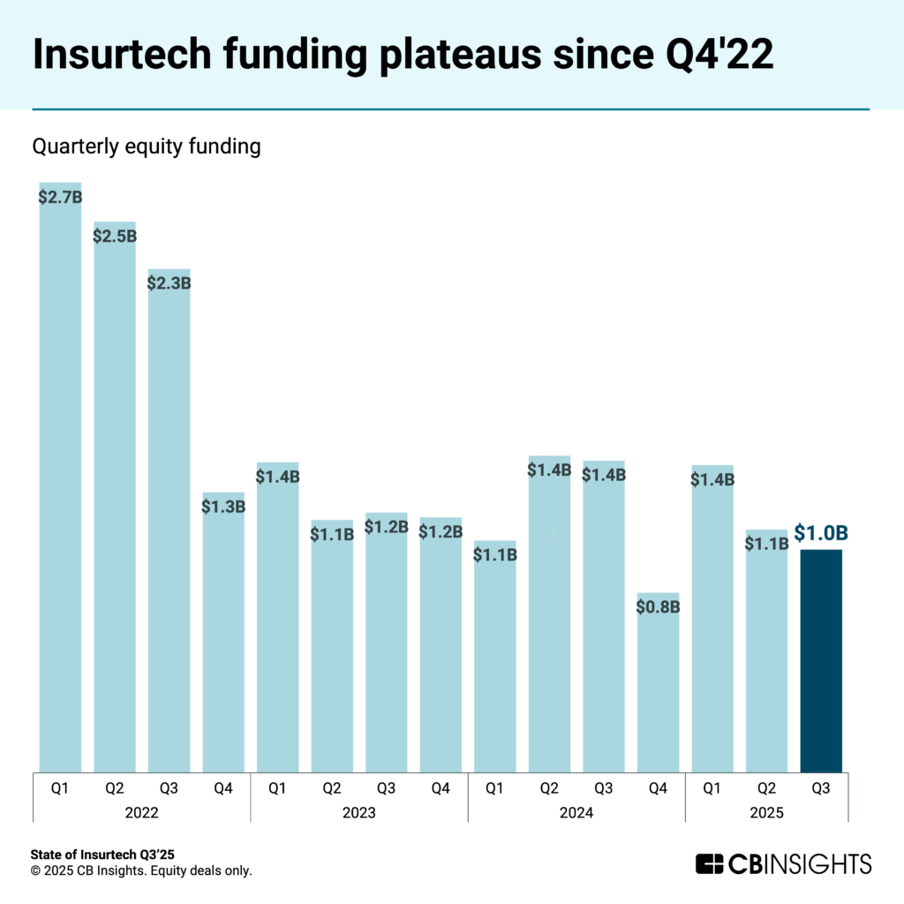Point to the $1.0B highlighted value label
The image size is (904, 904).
(x=821, y=533)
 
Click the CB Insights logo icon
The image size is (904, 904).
(x=709, y=863)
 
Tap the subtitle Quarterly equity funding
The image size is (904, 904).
(x=147, y=147)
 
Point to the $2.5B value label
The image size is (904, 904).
(x=115, y=236)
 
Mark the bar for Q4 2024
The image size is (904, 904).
(x=658, y=689)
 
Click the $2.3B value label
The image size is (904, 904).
(x=169, y=283)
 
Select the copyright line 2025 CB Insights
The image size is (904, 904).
(x=141, y=870)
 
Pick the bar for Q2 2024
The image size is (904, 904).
(x=549, y=618)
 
